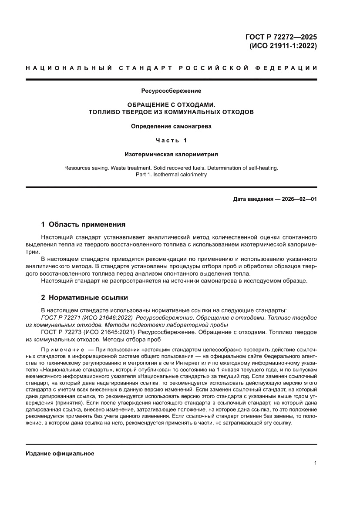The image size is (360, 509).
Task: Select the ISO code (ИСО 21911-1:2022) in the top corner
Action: click(x=283, y=46)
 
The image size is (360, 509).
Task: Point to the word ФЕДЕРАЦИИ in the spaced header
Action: click(x=286, y=68)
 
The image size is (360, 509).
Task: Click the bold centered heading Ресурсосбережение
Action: click(x=171, y=91)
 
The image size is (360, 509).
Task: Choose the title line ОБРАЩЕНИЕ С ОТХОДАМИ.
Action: click(x=171, y=105)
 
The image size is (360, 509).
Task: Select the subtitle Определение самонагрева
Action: click(x=171, y=127)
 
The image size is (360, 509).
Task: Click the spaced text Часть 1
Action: click(x=171, y=140)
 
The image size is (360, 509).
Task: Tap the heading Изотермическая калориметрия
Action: click(x=171, y=154)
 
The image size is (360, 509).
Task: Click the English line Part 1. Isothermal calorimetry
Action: click(x=171, y=175)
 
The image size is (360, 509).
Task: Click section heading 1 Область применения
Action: click(x=83, y=225)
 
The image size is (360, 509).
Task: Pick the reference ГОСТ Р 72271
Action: click(x=61, y=318)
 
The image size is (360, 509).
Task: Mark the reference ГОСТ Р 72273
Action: click(x=61, y=332)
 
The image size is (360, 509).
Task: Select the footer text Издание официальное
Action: click(x=60, y=454)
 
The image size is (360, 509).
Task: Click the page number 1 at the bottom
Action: click(x=315, y=463)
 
